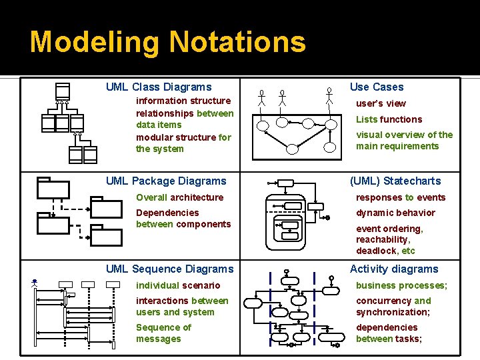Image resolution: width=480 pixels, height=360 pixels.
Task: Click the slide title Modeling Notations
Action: tap(168, 42)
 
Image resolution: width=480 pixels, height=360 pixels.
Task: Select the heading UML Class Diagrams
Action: tap(159, 87)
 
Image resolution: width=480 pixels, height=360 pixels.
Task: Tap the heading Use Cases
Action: tap(377, 87)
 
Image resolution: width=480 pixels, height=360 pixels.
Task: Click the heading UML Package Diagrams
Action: tap(166, 181)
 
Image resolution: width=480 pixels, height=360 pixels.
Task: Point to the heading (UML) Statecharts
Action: tap(395, 181)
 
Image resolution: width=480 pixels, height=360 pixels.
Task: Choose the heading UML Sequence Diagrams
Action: tap(170, 269)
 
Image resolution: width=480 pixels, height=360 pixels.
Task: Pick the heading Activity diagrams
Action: tap(394, 269)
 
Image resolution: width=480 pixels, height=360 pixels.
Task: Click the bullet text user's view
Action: tap(381, 103)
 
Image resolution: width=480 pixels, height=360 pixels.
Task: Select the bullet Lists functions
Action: tap(389, 119)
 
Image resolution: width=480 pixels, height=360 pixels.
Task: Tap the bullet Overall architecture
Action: tap(180, 197)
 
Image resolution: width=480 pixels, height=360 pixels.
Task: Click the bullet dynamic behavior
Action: tap(395, 213)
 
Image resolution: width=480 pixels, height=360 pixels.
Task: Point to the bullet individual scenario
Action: tap(178, 285)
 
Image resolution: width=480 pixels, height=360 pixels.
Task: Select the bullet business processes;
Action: tap(401, 285)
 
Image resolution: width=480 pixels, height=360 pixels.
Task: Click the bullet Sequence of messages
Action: tap(163, 333)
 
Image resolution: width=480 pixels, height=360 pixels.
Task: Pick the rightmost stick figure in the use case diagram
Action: tap(329, 96)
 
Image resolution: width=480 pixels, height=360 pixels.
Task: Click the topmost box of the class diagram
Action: tap(63, 91)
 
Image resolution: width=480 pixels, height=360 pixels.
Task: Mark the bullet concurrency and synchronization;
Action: tap(393, 306)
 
